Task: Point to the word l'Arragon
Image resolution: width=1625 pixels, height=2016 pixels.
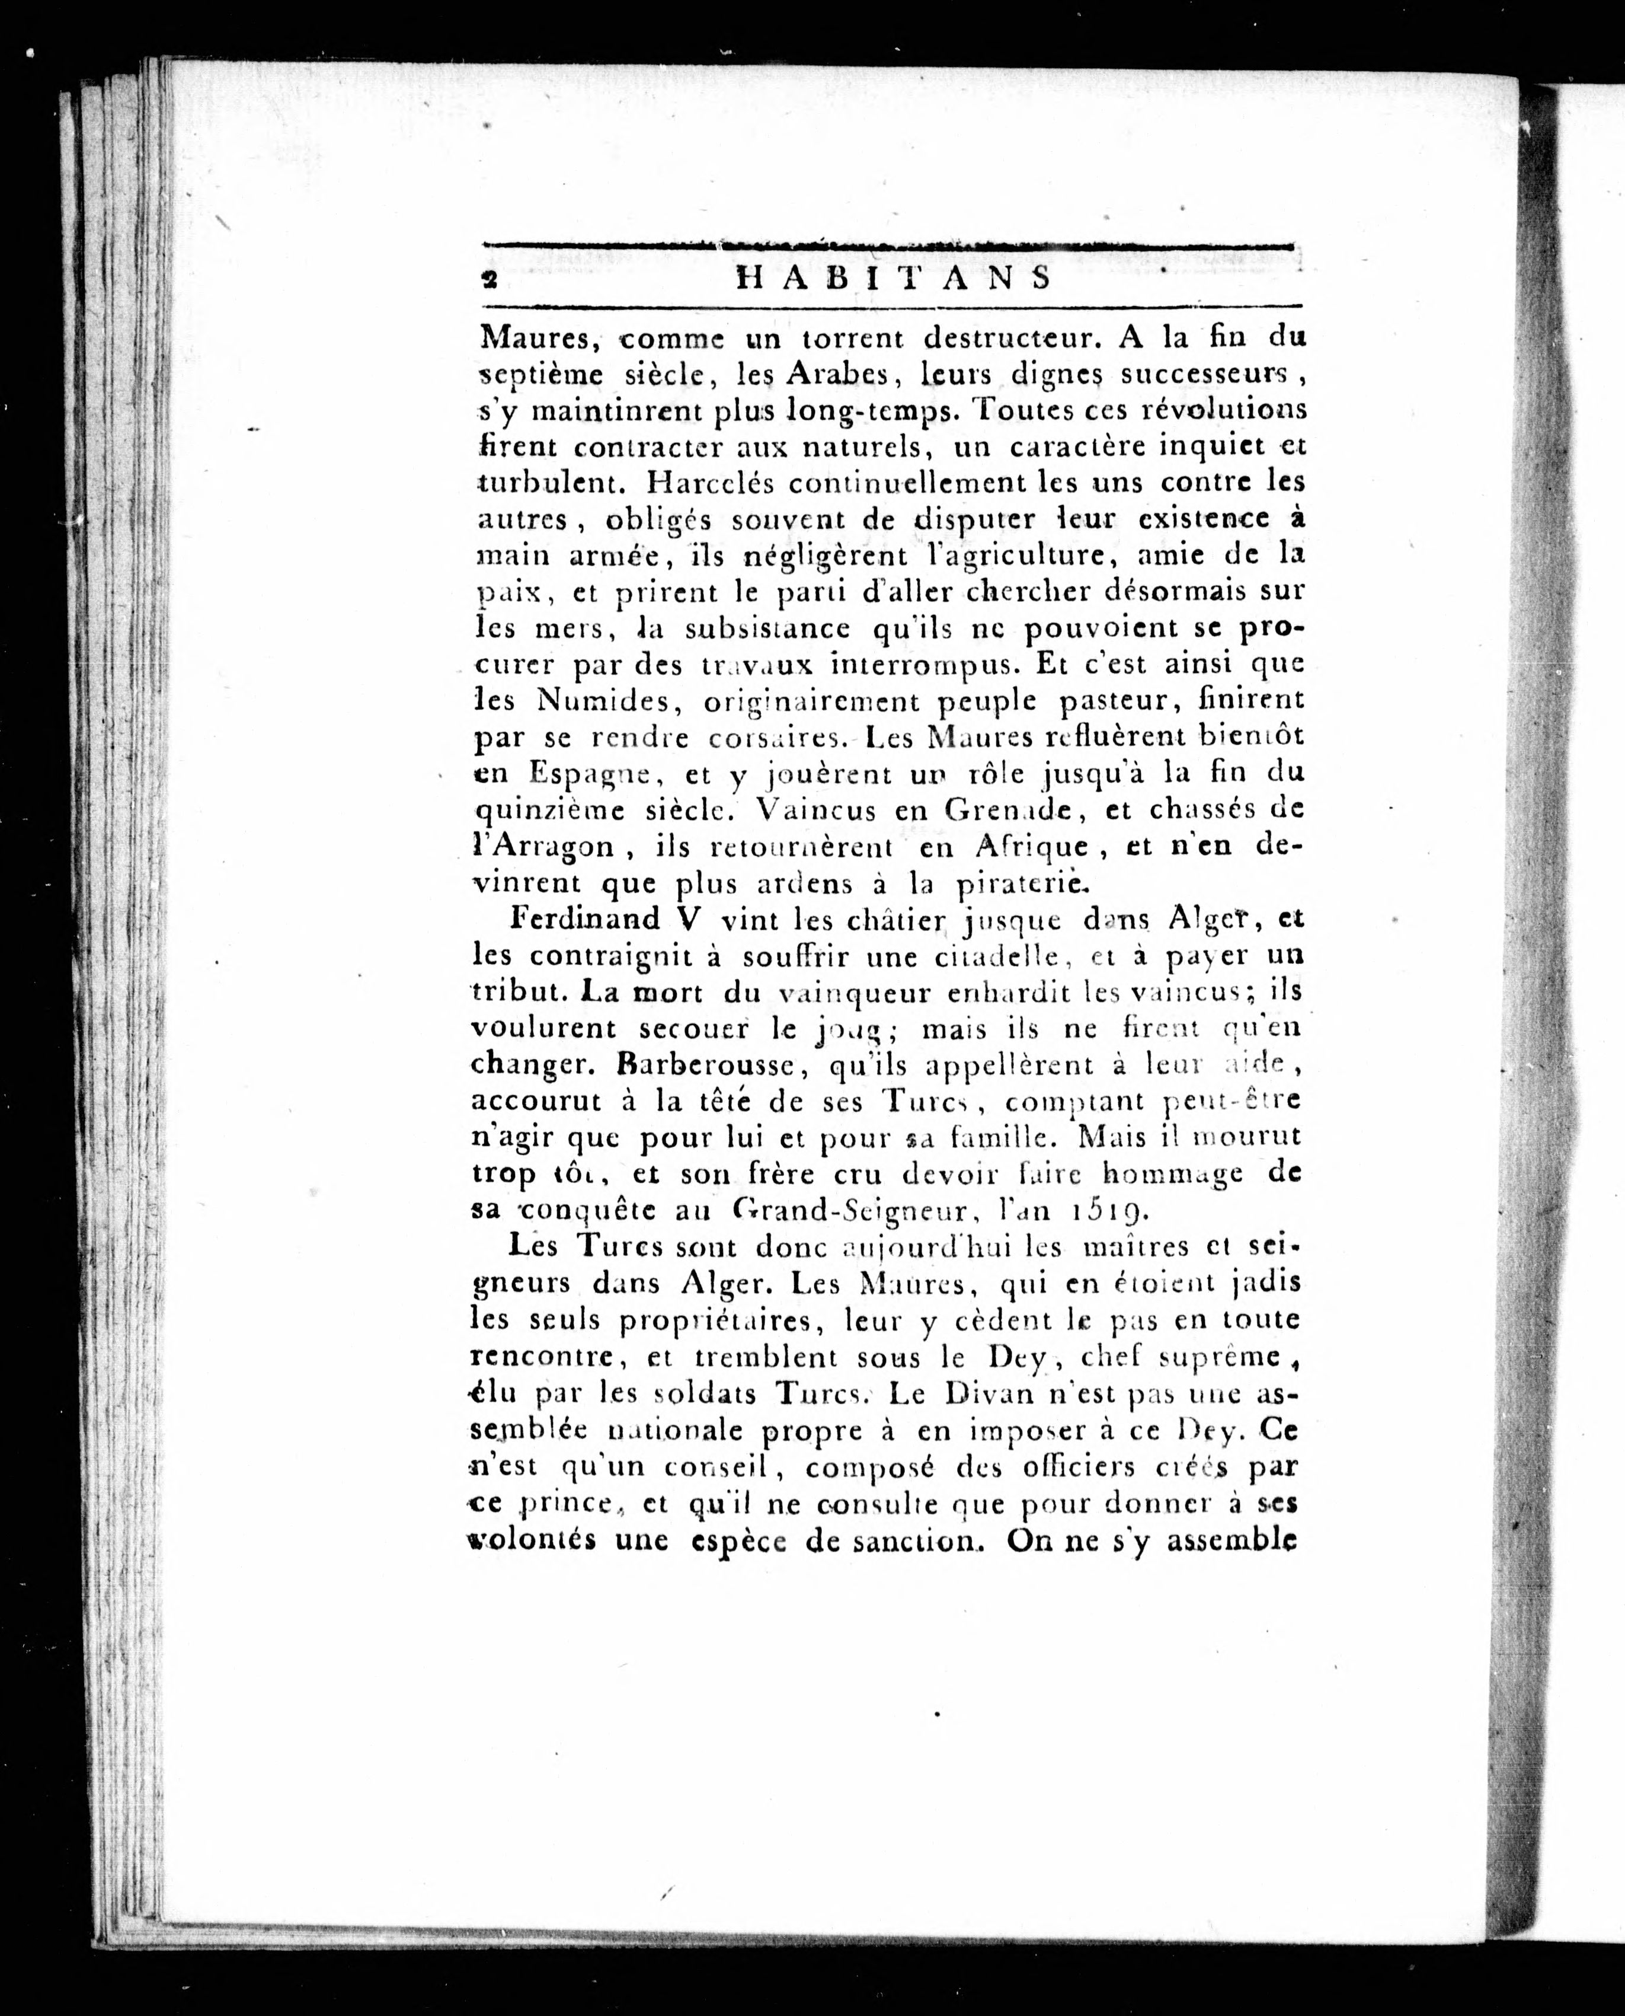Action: pyautogui.click(x=543, y=847)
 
